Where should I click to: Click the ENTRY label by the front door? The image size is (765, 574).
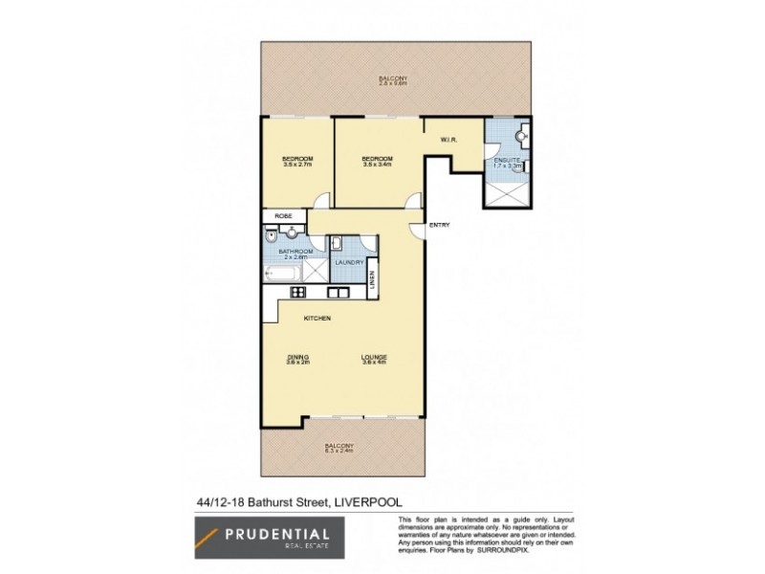pyautogui.click(x=439, y=225)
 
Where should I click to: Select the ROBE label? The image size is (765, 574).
pyautogui.click(x=283, y=217)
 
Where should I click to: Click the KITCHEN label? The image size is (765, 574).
pyautogui.click(x=317, y=318)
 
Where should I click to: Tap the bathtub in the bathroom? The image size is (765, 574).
pyautogui.click(x=281, y=276)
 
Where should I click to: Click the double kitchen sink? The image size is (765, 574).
pyautogui.click(x=338, y=292)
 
